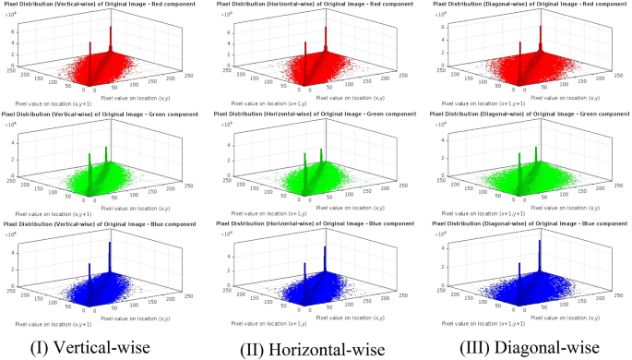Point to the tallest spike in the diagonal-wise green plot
533,152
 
